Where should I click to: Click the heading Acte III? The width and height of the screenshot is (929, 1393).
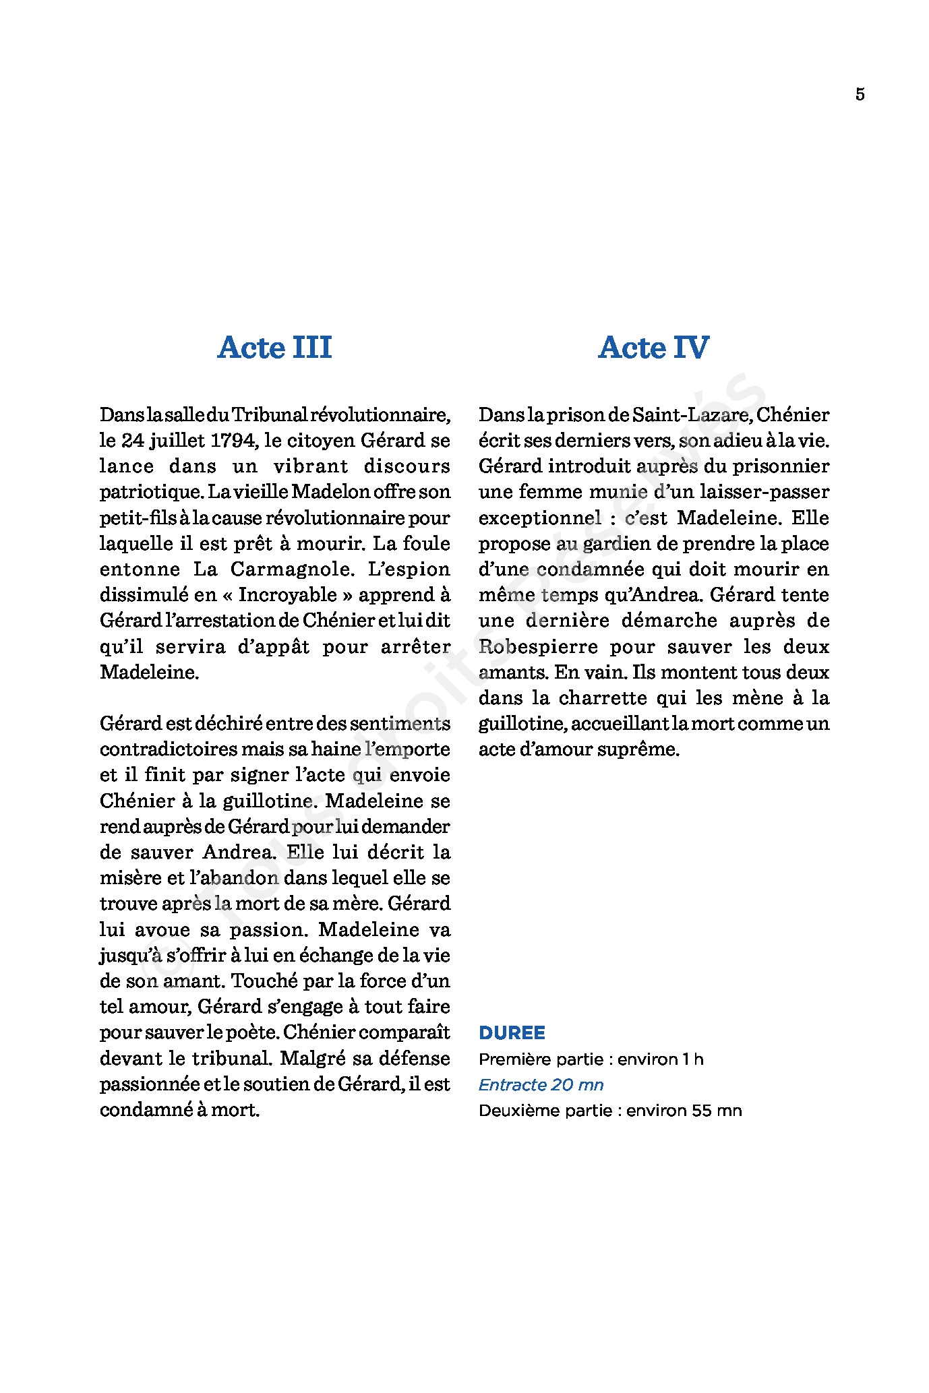(x=274, y=348)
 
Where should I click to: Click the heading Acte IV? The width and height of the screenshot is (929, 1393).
(x=653, y=348)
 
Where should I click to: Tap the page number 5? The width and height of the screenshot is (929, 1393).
(x=860, y=94)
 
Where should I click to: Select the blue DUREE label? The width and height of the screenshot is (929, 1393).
(x=512, y=1032)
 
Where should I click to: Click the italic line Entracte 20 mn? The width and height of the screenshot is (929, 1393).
(x=541, y=1084)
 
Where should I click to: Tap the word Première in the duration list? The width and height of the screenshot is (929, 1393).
(x=508, y=1059)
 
